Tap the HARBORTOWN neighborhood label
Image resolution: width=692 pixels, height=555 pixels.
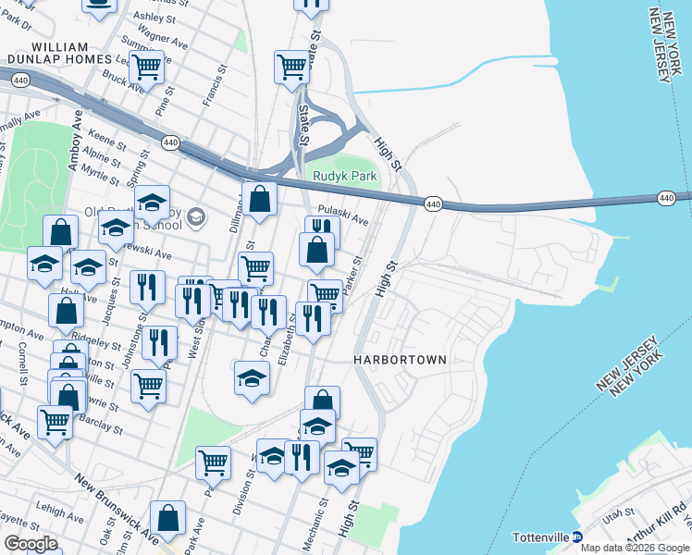click(x=401, y=359)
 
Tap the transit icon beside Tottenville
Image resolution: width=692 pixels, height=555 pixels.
click(x=575, y=536)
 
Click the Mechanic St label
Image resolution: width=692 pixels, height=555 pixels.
click(x=323, y=519)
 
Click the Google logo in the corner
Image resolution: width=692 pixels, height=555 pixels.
click(x=31, y=544)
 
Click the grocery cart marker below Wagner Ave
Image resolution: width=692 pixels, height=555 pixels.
click(x=146, y=68)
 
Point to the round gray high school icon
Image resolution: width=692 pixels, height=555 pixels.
click(x=195, y=217)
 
